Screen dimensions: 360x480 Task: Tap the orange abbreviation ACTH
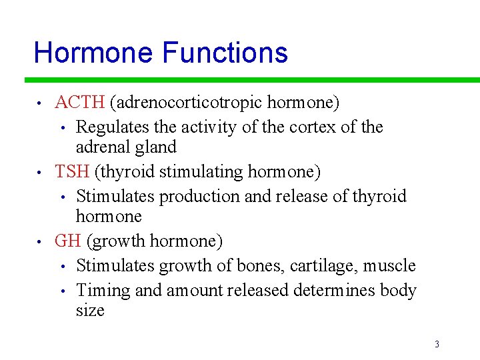point(79,102)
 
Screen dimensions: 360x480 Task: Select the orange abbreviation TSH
point(72,171)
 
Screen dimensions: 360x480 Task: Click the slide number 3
point(437,344)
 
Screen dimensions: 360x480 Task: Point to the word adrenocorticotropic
point(186,103)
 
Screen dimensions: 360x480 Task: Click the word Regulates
point(113,127)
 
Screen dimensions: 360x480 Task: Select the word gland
point(154,147)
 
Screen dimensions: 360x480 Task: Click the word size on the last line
point(90,311)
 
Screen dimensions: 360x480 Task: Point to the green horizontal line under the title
point(253,80)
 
